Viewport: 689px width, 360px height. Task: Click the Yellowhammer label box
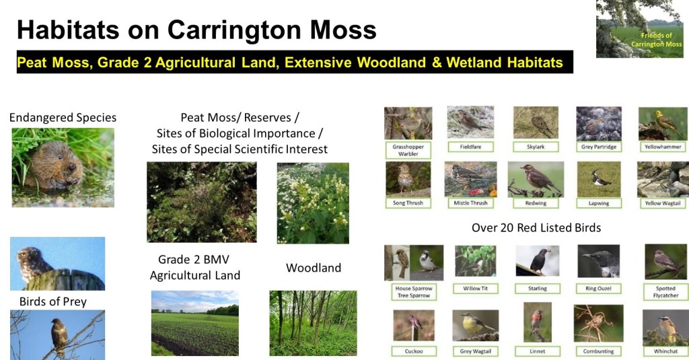coord(663,147)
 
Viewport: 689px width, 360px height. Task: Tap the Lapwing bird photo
coord(598,180)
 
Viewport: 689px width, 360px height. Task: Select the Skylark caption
coord(536,147)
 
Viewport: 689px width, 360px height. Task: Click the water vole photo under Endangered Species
coord(63,168)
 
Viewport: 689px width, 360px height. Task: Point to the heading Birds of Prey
coord(52,301)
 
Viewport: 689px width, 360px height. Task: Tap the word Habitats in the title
coord(68,30)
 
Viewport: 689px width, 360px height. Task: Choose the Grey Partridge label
coord(599,147)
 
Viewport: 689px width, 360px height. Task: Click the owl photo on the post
coord(58,264)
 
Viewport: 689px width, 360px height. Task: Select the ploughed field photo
coord(195,323)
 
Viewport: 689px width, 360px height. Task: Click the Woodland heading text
coord(314,268)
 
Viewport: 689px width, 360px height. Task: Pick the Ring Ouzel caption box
coord(598,289)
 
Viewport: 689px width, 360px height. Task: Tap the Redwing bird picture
coord(536,180)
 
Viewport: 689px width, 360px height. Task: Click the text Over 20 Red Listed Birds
coord(536,227)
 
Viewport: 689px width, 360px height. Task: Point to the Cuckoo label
coord(414,351)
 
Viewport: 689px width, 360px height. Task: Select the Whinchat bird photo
coord(665,328)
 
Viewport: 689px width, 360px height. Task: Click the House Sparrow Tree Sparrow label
coord(414,292)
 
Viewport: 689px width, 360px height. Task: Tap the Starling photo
coord(538,260)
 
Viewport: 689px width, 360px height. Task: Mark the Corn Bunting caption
coord(598,351)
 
